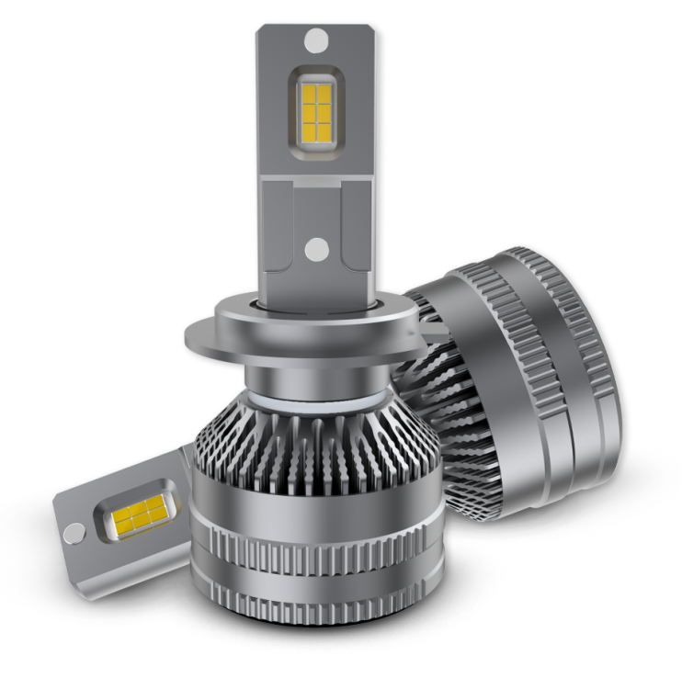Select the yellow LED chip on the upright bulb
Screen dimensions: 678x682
pos(315,109)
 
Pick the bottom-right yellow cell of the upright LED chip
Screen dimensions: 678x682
pos(324,130)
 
